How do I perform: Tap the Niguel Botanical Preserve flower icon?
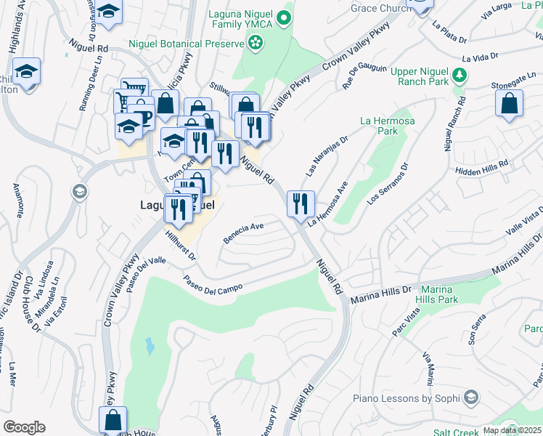[x=255, y=44]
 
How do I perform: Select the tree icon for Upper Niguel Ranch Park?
[x=459, y=74]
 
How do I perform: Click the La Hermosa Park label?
[x=388, y=126]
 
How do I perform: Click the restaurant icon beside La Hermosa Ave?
[x=300, y=203]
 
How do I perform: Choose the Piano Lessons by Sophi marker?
[x=471, y=397]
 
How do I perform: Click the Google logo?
[x=24, y=427]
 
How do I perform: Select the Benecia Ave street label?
[x=242, y=231]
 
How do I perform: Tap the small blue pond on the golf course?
[x=150, y=345]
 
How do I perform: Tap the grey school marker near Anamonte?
[x=79, y=192]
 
